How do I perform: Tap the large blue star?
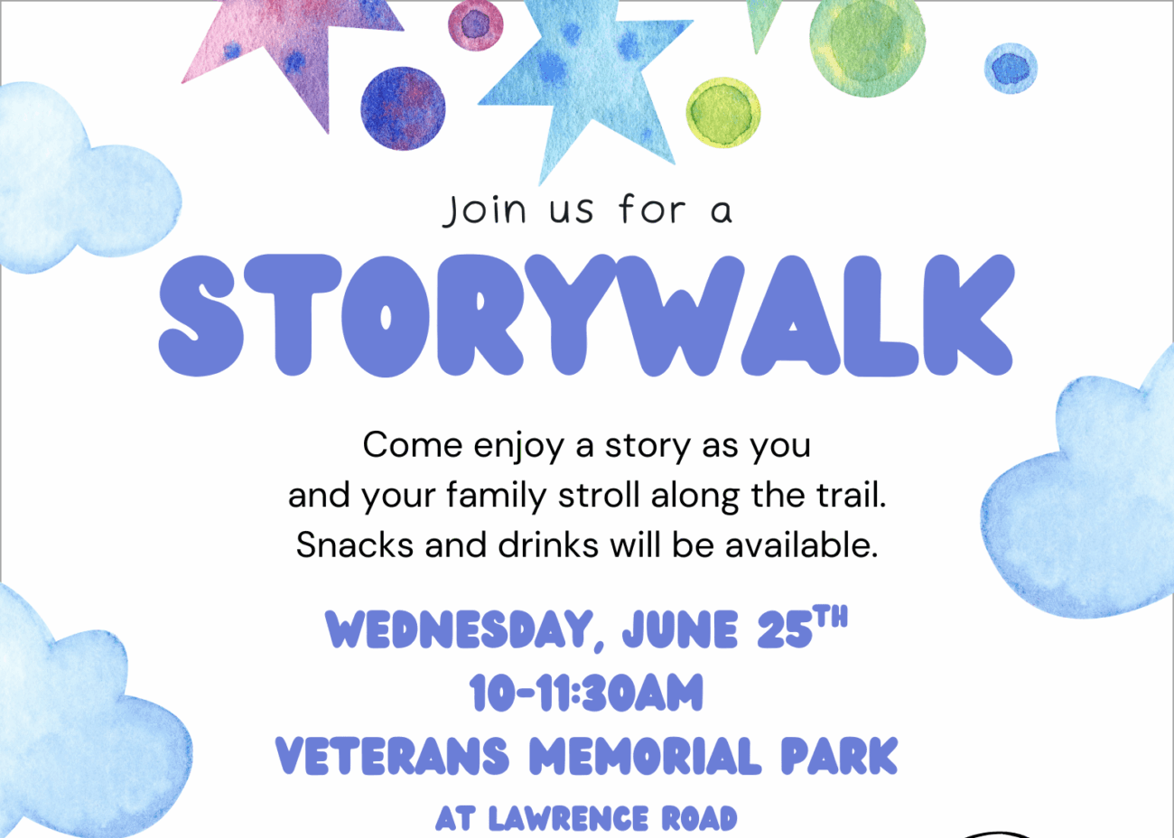click(582, 79)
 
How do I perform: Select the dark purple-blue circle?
click(403, 108)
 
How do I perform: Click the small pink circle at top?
click(475, 25)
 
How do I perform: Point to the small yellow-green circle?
click(723, 112)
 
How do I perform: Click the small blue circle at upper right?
click(1011, 69)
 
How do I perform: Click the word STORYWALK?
click(586, 315)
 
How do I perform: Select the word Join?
click(484, 210)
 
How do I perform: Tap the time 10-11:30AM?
click(586, 693)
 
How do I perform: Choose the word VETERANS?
click(393, 756)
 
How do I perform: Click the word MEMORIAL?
click(645, 756)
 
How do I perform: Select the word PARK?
click(839, 756)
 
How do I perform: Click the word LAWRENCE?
click(569, 819)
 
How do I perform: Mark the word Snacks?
click(355, 545)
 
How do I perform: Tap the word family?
click(497, 497)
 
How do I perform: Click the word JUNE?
click(680, 630)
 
